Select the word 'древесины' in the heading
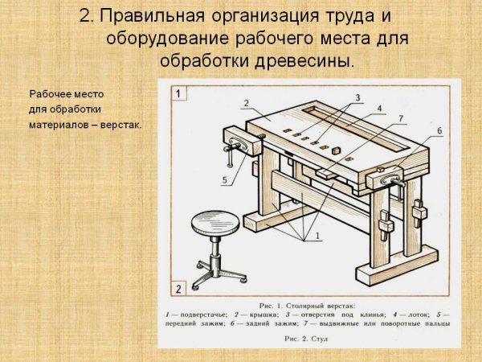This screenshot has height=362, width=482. [308, 61]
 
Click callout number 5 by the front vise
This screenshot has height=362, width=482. [226, 179]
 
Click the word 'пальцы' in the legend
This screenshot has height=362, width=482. [434, 323]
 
